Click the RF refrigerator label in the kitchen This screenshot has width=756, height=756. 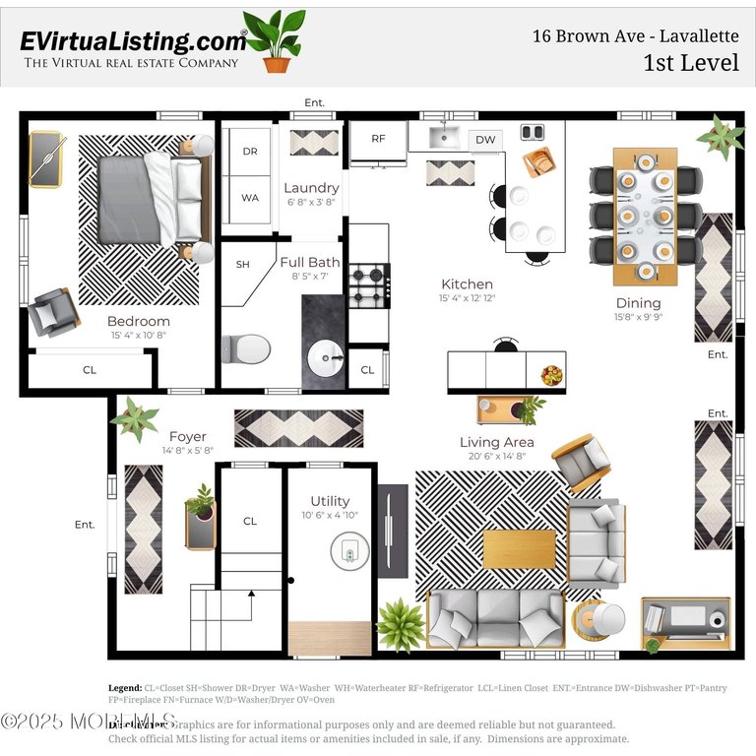(378, 139)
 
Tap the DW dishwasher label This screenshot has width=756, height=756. (485, 140)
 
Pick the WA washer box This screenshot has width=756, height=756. (250, 198)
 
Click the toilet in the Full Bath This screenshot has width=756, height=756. (247, 347)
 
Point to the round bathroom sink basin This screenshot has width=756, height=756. (326, 361)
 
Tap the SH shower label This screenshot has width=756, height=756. (242, 264)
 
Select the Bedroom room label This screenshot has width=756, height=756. (138, 321)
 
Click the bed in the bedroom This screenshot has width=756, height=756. (153, 197)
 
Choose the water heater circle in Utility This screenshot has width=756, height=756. (347, 552)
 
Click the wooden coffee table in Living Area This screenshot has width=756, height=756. (519, 548)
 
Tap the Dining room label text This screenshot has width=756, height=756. (638, 303)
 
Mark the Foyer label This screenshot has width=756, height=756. (187, 437)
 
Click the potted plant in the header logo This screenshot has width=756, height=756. (276, 41)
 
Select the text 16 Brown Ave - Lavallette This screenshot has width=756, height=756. (635, 36)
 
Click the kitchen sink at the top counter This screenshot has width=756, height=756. (445, 137)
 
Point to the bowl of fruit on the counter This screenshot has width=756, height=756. (551, 374)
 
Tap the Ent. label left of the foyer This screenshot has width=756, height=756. (85, 525)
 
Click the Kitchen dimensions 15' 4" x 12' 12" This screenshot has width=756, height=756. (467, 298)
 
